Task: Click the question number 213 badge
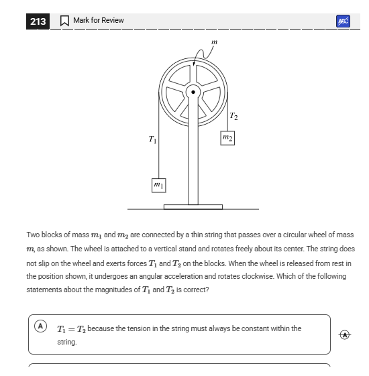[x=38, y=21]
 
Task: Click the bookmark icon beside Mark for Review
[x=64, y=21]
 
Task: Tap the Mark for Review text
[x=98, y=21]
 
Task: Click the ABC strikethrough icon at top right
[x=343, y=21]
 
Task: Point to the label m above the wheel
[x=214, y=42]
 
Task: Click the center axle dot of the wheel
[x=194, y=91]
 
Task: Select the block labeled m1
[x=158, y=184]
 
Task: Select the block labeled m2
[x=227, y=138]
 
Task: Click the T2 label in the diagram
[x=233, y=117]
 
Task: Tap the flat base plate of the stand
[x=193, y=206]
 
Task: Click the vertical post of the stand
[x=193, y=161]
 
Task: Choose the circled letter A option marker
[x=40, y=326]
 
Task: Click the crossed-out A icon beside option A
[x=344, y=334]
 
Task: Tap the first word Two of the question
[x=33, y=235]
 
